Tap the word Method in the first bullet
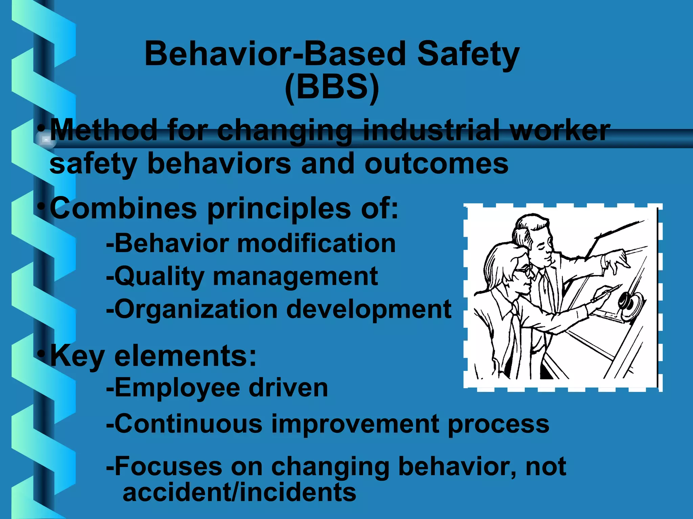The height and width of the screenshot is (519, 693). (104, 130)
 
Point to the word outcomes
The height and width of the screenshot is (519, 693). (436, 164)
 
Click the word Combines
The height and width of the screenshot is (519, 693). (123, 208)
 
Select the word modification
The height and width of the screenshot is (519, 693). (316, 243)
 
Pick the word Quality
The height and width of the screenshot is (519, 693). (159, 276)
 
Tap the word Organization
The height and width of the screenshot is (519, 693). (196, 309)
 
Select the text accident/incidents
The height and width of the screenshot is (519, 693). (239, 492)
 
